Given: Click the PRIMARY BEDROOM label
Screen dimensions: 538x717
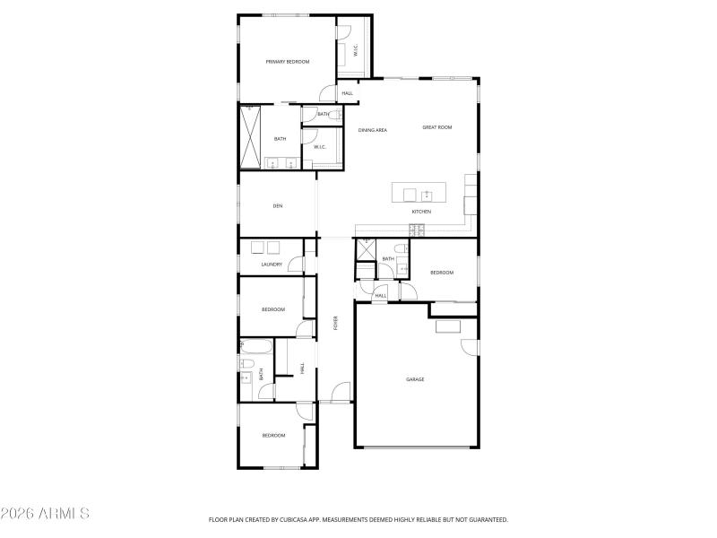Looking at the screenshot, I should pyautogui.click(x=287, y=62).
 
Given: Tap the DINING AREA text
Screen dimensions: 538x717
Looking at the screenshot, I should pyautogui.click(x=373, y=131).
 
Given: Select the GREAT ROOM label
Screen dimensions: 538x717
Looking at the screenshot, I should pyautogui.click(x=437, y=127).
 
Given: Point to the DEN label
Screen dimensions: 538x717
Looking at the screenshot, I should pyautogui.click(x=278, y=206).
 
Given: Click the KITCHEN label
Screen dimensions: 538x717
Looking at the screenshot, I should pyautogui.click(x=421, y=212).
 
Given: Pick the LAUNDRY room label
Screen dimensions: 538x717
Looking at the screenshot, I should pyautogui.click(x=272, y=265).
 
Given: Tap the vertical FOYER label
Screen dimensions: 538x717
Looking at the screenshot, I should pyautogui.click(x=336, y=324).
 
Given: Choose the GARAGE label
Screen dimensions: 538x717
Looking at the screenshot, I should pyautogui.click(x=415, y=379).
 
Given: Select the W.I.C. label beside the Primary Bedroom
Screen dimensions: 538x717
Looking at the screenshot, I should pyautogui.click(x=356, y=52).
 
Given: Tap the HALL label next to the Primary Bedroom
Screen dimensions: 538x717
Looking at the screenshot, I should pyautogui.click(x=348, y=93).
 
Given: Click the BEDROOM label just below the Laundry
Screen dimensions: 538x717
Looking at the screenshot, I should pyautogui.click(x=272, y=309).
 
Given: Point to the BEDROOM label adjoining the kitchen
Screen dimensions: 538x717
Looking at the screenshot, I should pyautogui.click(x=441, y=273).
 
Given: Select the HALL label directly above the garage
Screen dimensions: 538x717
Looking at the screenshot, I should pyautogui.click(x=380, y=296).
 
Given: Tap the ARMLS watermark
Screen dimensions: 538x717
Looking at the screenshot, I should pyautogui.click(x=45, y=514).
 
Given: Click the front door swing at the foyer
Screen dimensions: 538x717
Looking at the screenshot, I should pyautogui.click(x=340, y=393).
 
